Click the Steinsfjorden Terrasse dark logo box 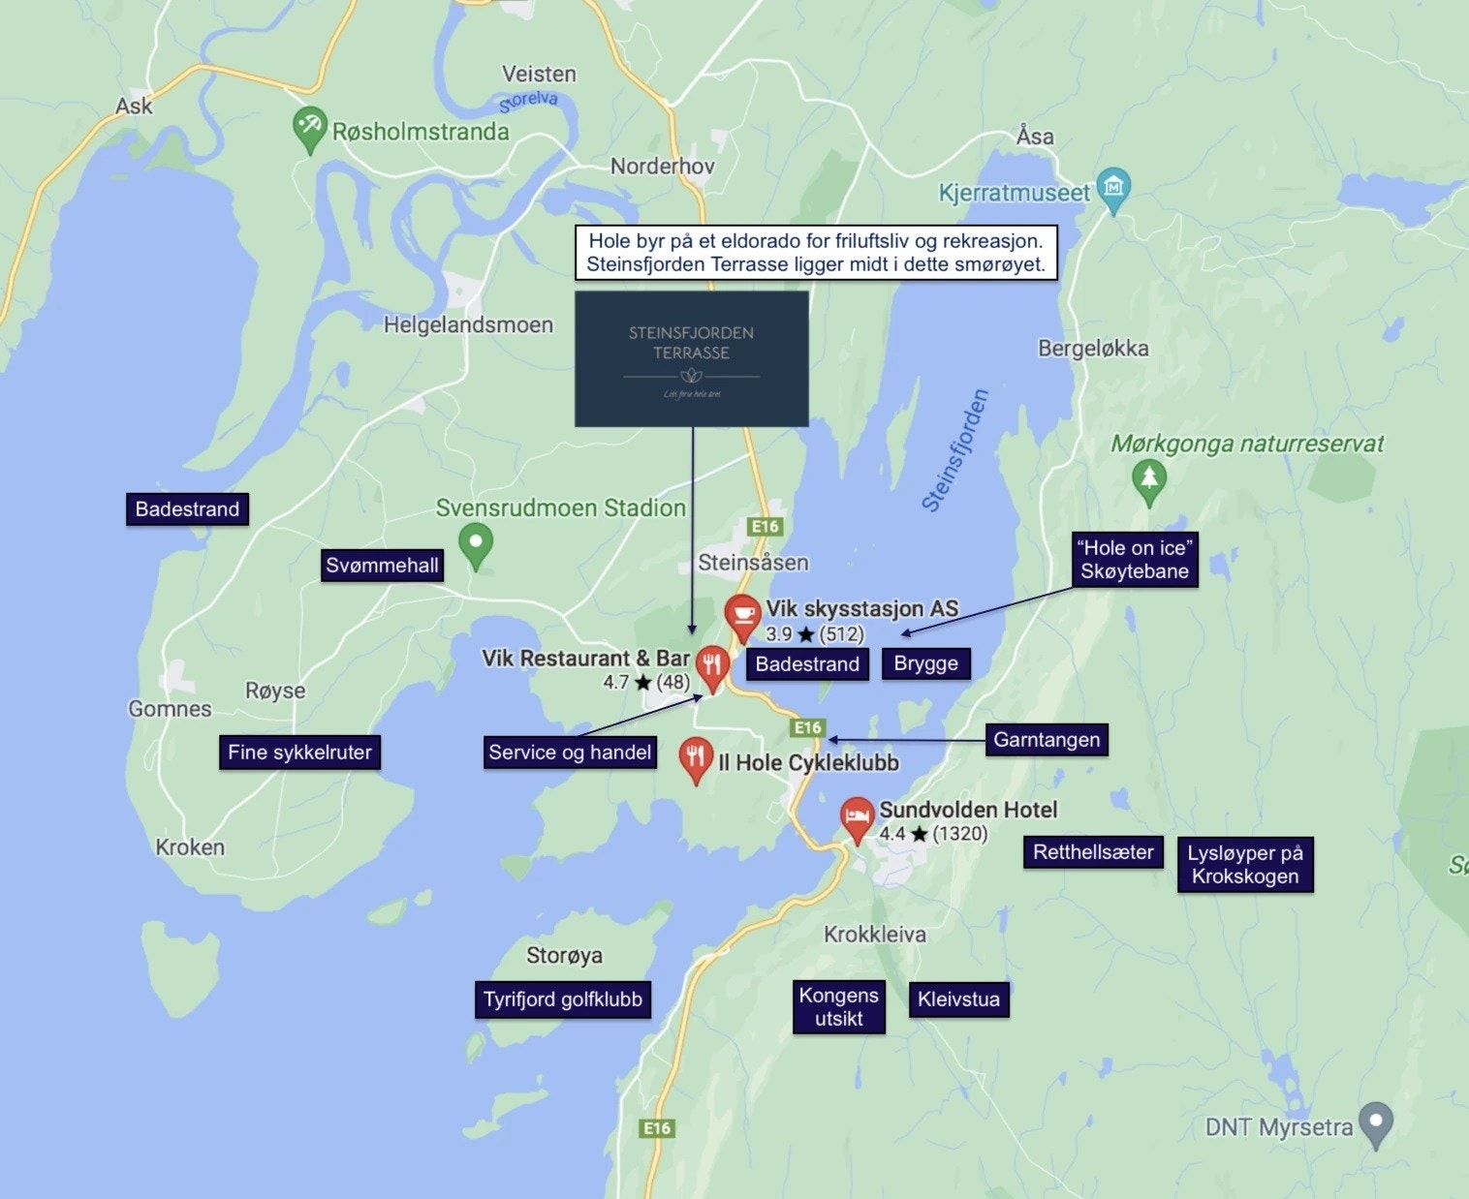pyautogui.click(x=691, y=358)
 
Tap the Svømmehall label pyautogui.click(x=382, y=566)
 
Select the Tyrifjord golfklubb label pyautogui.click(x=563, y=999)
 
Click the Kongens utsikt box pyautogui.click(x=838, y=1007)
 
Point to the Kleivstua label pyautogui.click(x=958, y=999)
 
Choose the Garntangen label pyautogui.click(x=1047, y=740)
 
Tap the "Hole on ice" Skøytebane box pyautogui.click(x=1134, y=560)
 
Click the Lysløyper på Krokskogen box pyautogui.click(x=1245, y=865)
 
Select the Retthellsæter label pyautogui.click(x=1093, y=852)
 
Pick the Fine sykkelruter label pyautogui.click(x=299, y=753)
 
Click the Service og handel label pyautogui.click(x=570, y=753)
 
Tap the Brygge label pyautogui.click(x=925, y=663)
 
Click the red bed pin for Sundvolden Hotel pyautogui.click(x=857, y=819)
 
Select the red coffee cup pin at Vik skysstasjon pyautogui.click(x=742, y=616)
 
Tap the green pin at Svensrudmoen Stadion pyautogui.click(x=475, y=544)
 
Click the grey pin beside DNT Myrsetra pyautogui.click(x=1376, y=1122)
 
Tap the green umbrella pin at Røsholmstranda pyautogui.click(x=309, y=128)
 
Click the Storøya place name pyautogui.click(x=564, y=956)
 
